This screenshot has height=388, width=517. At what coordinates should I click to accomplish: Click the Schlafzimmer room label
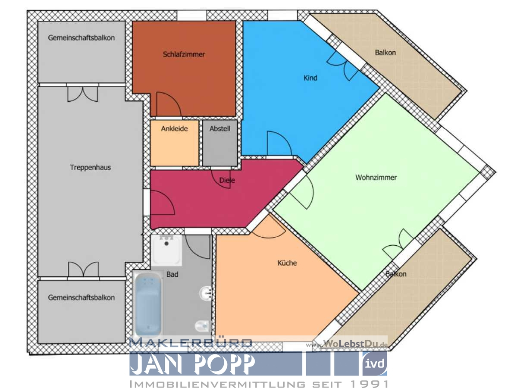click(x=184, y=55)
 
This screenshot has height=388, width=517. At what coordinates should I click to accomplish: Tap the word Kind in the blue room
click(x=310, y=78)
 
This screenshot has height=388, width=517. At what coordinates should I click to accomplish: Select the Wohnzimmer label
click(x=376, y=178)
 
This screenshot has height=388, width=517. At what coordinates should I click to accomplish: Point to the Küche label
click(x=287, y=263)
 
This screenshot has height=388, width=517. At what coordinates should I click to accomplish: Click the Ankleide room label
click(x=174, y=128)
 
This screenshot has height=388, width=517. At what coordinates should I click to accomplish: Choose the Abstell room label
click(x=220, y=128)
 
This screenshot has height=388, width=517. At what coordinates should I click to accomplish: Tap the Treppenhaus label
click(x=90, y=167)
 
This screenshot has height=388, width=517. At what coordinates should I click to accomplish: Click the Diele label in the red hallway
click(x=227, y=181)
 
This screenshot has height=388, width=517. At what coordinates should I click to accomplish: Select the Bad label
click(x=172, y=274)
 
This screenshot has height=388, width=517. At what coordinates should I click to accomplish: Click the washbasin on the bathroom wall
click(x=205, y=294)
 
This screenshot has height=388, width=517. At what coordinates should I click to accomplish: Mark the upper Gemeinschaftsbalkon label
click(x=81, y=38)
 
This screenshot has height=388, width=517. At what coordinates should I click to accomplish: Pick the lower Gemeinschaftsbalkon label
click(x=81, y=297)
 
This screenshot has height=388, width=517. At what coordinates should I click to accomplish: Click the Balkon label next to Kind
click(x=385, y=53)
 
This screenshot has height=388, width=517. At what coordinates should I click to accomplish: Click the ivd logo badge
click(x=374, y=363)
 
